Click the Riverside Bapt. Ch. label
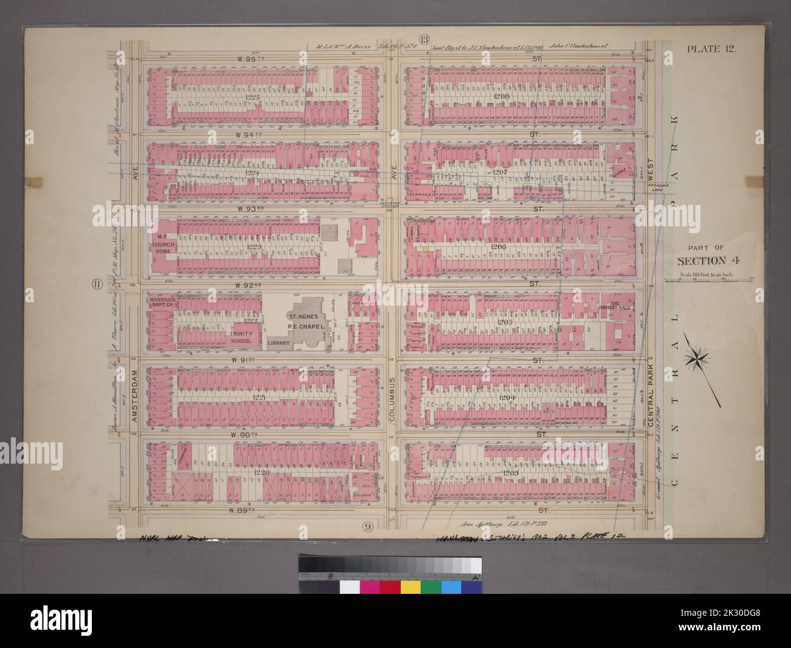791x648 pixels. pos(159,301)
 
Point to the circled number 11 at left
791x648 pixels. pos(97,284)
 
